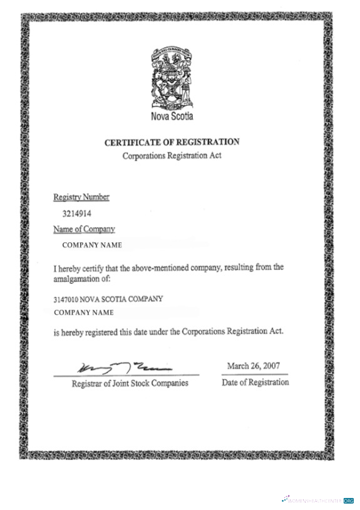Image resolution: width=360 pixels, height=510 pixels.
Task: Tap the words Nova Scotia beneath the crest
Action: point(172,116)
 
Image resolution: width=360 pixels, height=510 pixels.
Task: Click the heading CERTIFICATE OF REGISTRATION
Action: point(172,143)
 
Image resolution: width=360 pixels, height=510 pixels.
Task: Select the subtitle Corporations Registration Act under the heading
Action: point(172,155)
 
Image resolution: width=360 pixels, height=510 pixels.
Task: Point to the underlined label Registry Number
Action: point(81,197)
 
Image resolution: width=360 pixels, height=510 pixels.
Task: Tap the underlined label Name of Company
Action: point(85,229)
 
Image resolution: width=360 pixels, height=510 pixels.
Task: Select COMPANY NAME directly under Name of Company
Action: point(92,245)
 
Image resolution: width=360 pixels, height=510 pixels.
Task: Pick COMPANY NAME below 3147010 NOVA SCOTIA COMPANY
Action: point(84,312)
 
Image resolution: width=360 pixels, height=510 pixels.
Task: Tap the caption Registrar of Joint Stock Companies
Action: point(130,383)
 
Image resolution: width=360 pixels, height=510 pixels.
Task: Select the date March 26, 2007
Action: point(254,365)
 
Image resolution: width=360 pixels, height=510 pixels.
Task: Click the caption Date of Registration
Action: point(255,382)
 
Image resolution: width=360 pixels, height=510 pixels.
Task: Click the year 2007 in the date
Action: point(271,365)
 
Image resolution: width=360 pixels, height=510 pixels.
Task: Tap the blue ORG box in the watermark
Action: point(349,501)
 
